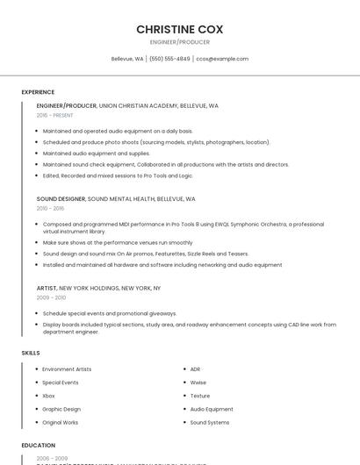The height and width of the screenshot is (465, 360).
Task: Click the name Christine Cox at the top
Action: point(179,29)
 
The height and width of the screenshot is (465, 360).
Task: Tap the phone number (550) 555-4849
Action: point(169,59)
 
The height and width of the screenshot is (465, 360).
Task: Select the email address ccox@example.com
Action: point(222,59)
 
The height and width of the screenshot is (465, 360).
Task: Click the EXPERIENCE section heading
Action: point(38,92)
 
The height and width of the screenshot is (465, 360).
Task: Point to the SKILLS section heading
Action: point(31,353)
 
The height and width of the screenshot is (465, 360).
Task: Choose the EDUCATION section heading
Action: point(39,445)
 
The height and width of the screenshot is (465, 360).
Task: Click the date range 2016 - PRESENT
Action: point(55,115)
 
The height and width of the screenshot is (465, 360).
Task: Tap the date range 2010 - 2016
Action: point(50,208)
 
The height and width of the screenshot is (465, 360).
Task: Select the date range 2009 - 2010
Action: point(50,297)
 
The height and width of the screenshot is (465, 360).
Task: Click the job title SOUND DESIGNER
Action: point(61,199)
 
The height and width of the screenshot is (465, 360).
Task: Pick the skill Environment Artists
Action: point(67,369)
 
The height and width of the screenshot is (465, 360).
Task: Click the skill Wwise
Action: point(198,383)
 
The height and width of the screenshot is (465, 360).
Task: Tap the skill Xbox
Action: point(48,396)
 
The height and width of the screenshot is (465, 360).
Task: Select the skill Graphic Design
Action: point(61,409)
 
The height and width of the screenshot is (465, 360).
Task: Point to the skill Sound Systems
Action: point(210,422)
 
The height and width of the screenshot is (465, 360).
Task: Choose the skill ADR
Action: point(196,369)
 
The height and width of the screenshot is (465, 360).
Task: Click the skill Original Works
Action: point(61,422)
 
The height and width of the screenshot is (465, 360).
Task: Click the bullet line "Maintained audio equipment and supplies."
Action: point(97,153)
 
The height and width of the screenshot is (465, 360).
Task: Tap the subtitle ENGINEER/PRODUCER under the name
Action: point(179,42)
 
